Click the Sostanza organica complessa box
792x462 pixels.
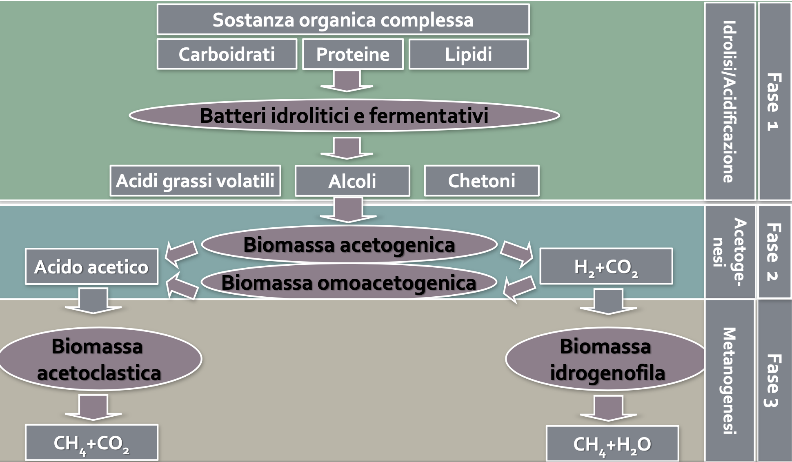coord(343,20)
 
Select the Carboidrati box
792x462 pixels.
coord(227,54)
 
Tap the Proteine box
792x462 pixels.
coord(353,54)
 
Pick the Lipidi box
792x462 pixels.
coord(468,54)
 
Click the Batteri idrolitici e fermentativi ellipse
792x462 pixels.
coord(344,115)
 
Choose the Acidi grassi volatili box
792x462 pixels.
coord(195,181)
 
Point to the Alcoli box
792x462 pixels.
coord(352,181)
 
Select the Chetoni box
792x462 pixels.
coord(481,181)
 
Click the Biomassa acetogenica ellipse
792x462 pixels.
coord(349,244)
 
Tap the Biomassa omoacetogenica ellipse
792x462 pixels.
coord(349,282)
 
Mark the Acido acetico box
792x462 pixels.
coord(91,267)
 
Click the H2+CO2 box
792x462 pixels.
coord(606,267)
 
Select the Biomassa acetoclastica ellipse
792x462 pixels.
coord(99,359)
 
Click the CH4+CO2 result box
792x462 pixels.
coord(91,443)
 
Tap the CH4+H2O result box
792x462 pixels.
coord(612,444)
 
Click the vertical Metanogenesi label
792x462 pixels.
coord(729,380)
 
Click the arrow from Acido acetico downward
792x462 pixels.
coord(93,301)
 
